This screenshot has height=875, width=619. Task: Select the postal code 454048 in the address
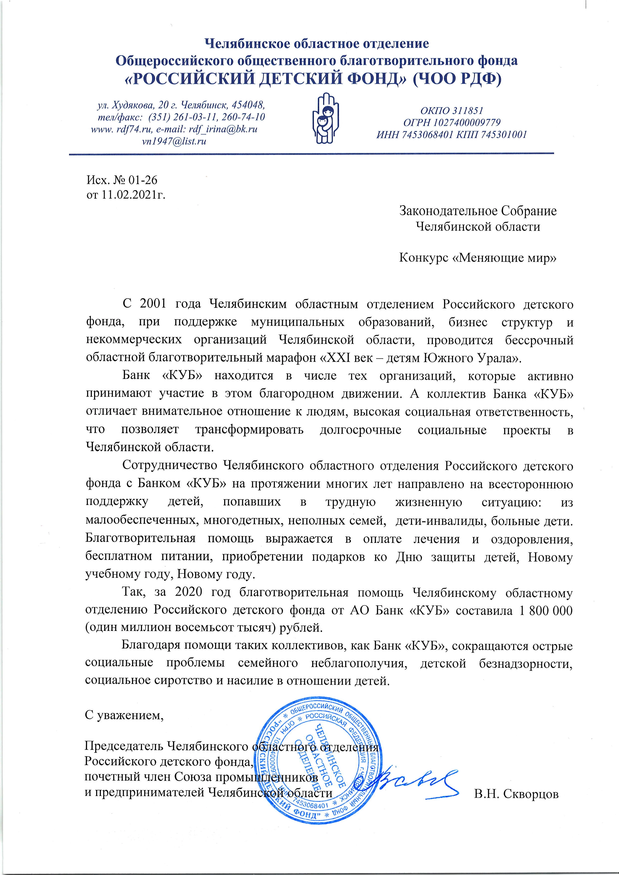coord(248,105)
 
